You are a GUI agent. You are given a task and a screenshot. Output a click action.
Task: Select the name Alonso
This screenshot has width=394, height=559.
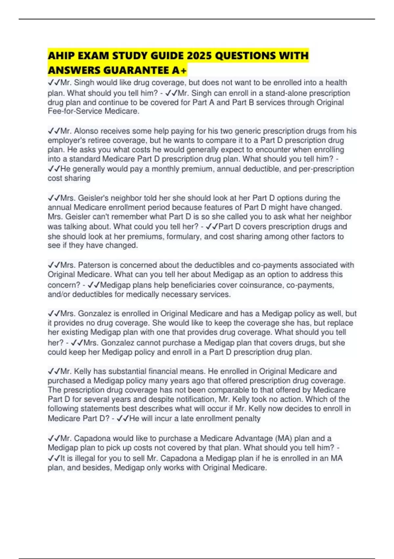pyautogui.click(x=86, y=131)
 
